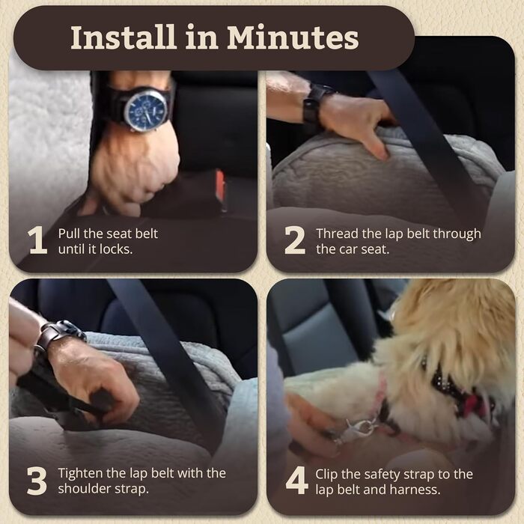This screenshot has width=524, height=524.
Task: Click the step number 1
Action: pyautogui.click(x=37, y=240)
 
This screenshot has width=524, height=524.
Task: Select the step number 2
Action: pyautogui.click(x=294, y=240)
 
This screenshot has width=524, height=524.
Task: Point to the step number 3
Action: pyautogui.click(x=37, y=481)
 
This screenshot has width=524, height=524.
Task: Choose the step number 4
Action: pyautogui.click(x=296, y=481)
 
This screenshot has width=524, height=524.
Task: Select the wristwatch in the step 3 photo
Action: pyautogui.click(x=58, y=334)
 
